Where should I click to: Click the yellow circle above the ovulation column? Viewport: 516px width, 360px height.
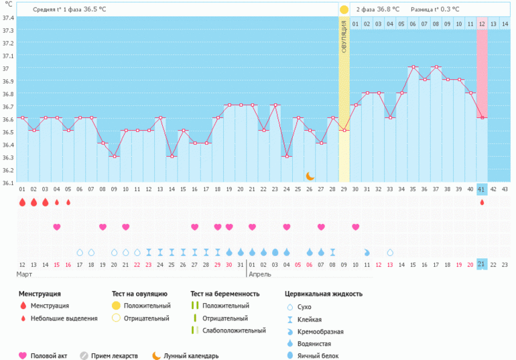point(344,10)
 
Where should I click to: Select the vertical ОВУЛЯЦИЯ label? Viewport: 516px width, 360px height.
point(344,37)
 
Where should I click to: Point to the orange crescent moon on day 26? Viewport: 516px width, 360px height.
point(310,176)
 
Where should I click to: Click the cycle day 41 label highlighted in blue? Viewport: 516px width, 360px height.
point(482,190)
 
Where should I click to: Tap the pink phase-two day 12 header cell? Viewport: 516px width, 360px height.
point(482,24)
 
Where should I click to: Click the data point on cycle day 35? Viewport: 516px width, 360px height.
point(413,67)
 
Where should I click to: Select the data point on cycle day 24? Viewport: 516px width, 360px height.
point(287,156)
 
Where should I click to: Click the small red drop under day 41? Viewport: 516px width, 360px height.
point(482,202)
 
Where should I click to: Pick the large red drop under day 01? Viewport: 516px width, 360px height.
point(22,202)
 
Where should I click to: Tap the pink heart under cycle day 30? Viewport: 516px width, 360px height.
point(355,227)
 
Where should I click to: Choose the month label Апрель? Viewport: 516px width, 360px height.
point(260,275)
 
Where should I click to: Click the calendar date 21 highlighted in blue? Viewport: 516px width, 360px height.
point(482,264)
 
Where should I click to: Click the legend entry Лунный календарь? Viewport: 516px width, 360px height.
point(190,356)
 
